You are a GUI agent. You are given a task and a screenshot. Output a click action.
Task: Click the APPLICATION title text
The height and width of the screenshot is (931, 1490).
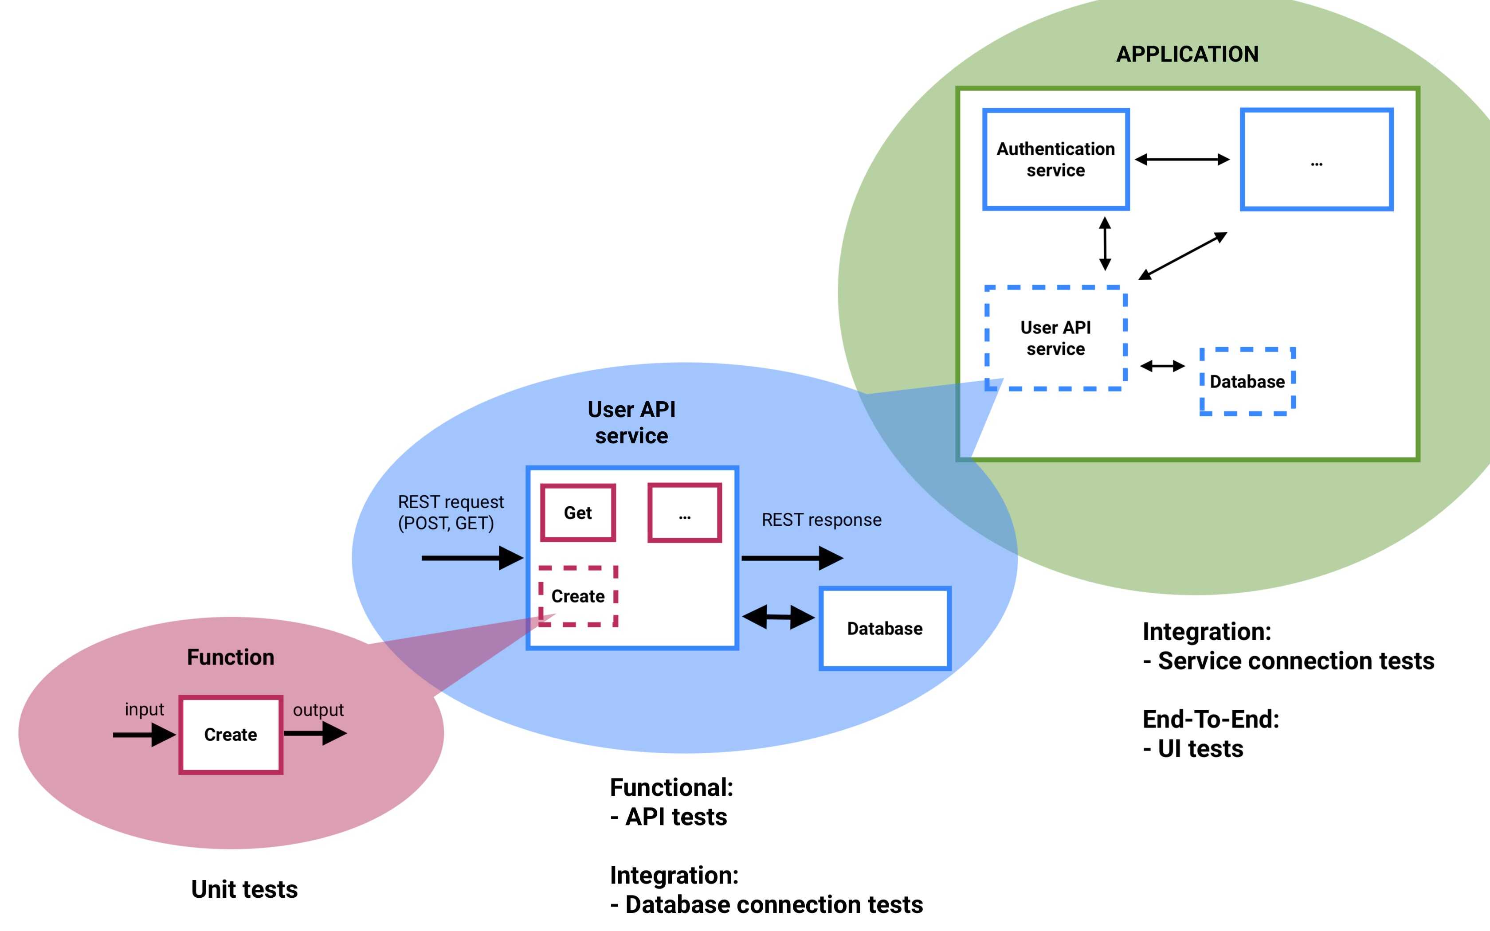(x=1187, y=54)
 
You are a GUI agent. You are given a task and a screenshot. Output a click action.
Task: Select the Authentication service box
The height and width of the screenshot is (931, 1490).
(x=1055, y=160)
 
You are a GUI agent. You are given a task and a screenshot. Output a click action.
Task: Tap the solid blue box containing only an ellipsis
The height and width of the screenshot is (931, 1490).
(x=1316, y=160)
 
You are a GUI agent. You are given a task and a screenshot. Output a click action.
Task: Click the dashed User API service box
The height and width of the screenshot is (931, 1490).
(x=1055, y=338)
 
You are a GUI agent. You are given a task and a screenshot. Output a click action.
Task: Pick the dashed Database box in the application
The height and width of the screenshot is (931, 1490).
(x=1247, y=382)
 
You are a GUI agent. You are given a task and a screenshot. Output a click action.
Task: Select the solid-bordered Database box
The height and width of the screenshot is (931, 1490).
(x=885, y=628)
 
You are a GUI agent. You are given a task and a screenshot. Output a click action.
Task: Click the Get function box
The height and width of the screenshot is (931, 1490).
(x=577, y=513)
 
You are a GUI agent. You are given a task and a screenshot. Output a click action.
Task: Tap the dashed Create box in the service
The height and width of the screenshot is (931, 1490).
(x=577, y=596)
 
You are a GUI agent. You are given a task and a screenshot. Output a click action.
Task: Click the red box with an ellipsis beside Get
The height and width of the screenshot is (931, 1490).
(x=684, y=513)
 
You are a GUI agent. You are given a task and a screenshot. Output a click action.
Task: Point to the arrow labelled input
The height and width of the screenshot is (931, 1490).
(x=144, y=735)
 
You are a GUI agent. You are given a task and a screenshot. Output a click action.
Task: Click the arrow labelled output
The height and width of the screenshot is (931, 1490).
(x=315, y=733)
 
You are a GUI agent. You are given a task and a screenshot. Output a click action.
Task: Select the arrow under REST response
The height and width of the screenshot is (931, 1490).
(x=792, y=558)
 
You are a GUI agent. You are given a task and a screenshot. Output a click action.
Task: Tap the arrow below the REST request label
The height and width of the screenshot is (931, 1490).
(x=472, y=558)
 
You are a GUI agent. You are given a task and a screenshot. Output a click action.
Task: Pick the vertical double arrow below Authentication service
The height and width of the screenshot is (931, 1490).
(x=1105, y=244)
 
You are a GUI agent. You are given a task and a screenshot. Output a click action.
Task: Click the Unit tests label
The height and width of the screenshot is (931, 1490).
(x=244, y=889)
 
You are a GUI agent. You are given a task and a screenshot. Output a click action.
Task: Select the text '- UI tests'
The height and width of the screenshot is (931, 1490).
(x=1193, y=749)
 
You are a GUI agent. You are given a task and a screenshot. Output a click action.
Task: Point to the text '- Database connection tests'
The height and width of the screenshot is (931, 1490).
(x=767, y=904)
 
